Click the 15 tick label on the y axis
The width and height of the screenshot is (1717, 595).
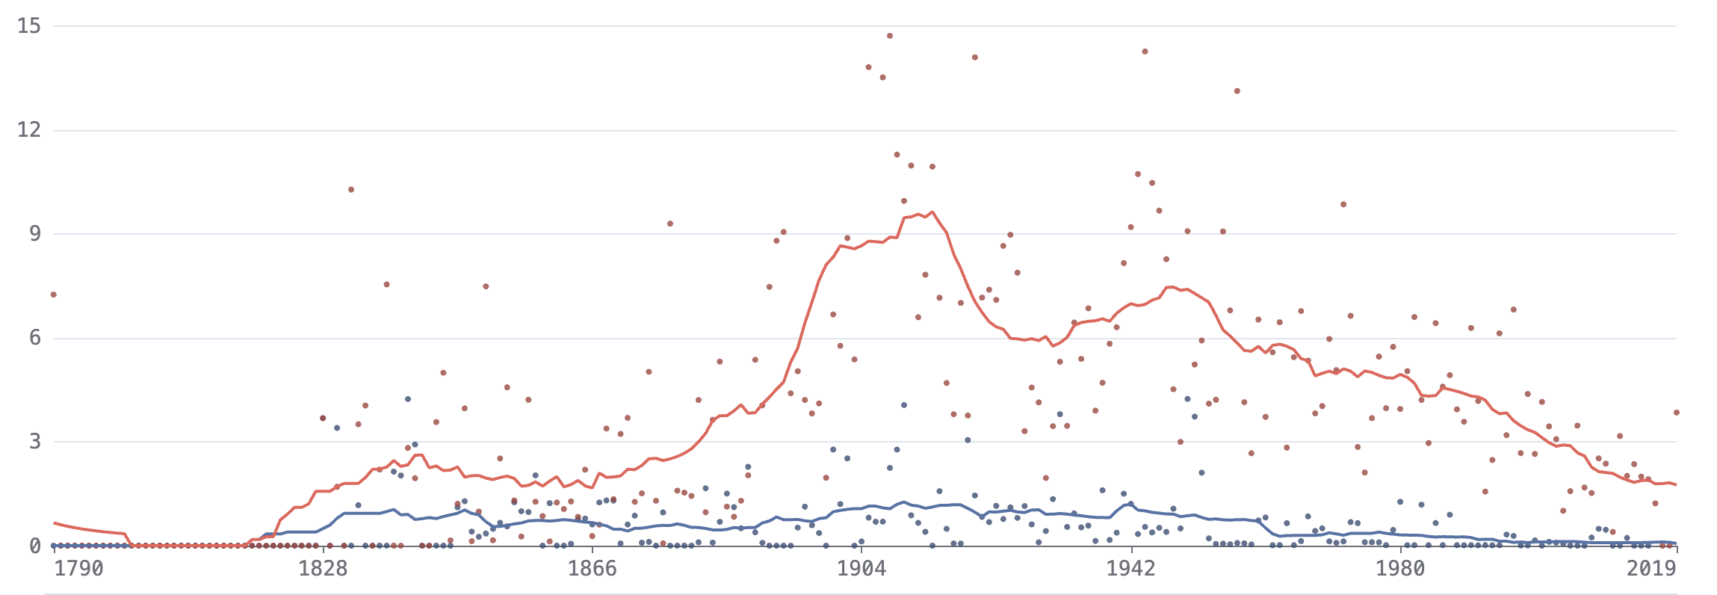point(29,26)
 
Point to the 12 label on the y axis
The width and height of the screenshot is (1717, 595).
point(29,130)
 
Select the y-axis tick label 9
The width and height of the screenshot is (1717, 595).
point(35,234)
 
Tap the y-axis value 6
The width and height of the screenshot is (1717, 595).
point(35,338)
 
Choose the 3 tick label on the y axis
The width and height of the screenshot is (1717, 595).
point(35,442)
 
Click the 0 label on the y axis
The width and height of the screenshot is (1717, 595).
point(35,546)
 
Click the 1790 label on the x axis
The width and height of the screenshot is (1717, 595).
point(79,569)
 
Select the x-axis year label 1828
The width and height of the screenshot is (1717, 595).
point(323,569)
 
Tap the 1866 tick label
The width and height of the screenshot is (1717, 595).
point(593,569)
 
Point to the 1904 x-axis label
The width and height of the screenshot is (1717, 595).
point(861,569)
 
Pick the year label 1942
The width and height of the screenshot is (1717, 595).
point(1130,569)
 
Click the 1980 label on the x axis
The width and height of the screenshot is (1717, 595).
point(1400,569)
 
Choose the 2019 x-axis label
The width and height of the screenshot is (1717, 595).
point(1652,569)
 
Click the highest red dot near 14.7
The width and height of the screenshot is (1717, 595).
point(890,36)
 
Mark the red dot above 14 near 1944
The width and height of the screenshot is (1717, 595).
point(1145,52)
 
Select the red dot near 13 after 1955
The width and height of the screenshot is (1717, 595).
point(1237,91)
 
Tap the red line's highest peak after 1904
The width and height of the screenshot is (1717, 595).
point(932,212)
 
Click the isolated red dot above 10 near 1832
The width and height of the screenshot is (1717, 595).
point(351,190)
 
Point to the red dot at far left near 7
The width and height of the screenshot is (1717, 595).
point(54,295)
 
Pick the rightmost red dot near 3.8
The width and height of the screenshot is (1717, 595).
point(1677,413)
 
